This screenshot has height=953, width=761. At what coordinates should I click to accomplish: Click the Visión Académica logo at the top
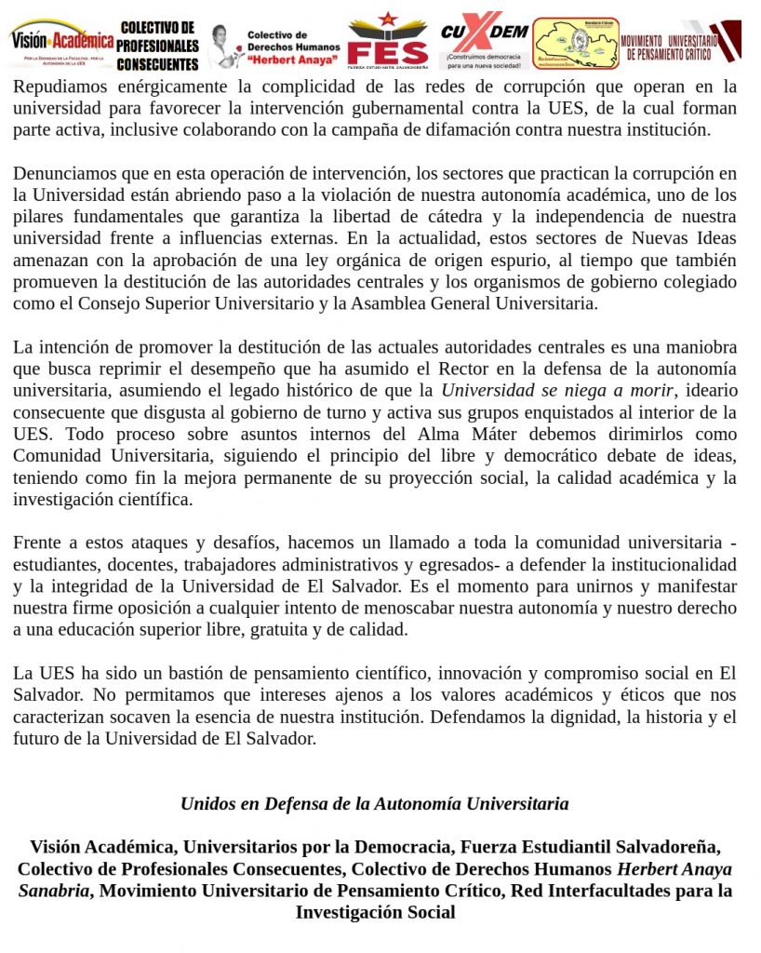(x=61, y=41)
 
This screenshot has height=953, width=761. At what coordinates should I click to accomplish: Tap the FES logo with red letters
(x=387, y=42)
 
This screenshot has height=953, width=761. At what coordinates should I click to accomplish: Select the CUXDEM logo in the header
(x=484, y=41)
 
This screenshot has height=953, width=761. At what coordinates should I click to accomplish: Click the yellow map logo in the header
(x=575, y=43)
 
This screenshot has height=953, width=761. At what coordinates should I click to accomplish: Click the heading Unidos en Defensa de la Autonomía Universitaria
(x=374, y=803)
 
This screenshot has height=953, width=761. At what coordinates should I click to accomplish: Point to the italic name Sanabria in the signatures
(x=55, y=891)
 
